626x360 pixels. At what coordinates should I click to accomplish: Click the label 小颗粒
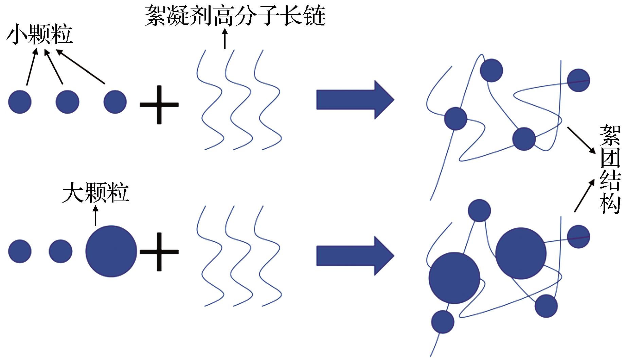(x=39, y=35)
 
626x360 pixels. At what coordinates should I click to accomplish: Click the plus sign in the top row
(x=159, y=105)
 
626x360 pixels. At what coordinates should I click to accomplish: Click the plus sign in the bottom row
(x=159, y=252)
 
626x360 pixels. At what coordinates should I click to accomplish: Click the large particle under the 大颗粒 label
(x=111, y=251)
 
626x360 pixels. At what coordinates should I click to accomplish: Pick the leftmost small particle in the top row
(x=20, y=102)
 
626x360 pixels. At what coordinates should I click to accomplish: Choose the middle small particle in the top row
(x=67, y=102)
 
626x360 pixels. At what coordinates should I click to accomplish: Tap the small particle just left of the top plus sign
(x=115, y=102)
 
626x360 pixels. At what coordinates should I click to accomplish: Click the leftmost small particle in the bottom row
(x=20, y=251)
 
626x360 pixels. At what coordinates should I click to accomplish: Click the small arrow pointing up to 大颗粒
(x=95, y=216)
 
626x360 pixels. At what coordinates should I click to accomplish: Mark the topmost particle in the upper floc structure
(x=491, y=70)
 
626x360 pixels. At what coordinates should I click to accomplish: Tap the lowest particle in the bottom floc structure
(x=443, y=322)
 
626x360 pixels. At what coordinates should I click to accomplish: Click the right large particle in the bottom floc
(x=521, y=253)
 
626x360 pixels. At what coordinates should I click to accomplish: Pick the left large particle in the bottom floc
(x=454, y=278)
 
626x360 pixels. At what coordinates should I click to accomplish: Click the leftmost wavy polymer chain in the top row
(x=210, y=100)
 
